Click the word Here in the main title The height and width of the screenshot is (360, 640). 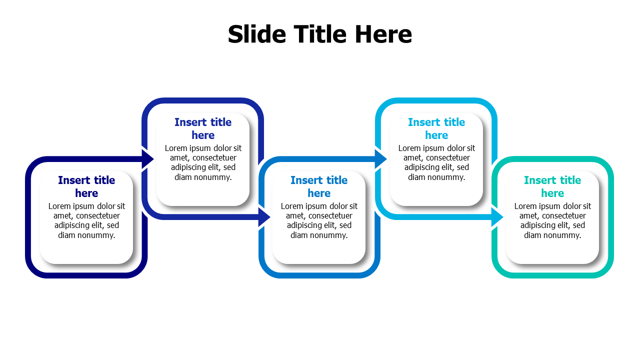point(383,34)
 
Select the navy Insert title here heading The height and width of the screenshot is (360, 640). point(86,186)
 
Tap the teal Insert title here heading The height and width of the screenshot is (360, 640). point(552,186)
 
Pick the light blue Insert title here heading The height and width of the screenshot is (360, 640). point(436,128)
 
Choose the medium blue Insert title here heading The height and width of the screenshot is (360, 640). point(319,186)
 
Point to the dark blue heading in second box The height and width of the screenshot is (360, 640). point(203,128)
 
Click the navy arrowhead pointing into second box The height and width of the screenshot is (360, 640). point(147,159)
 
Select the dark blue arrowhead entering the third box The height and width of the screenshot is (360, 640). point(264,217)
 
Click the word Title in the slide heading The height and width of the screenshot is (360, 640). point(320,34)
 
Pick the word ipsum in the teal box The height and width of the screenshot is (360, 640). point(550,206)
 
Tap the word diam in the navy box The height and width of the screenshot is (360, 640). point(66,235)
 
